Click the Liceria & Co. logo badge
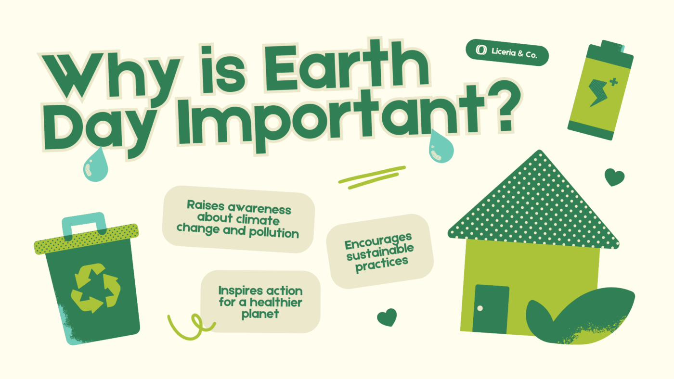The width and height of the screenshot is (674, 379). [507, 52]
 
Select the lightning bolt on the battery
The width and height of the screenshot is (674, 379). [598, 92]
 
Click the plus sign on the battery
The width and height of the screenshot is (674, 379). [613, 82]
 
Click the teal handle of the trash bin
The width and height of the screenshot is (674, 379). [84, 225]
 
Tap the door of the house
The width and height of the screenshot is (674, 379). [491, 309]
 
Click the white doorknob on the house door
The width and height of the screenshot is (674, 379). [480, 308]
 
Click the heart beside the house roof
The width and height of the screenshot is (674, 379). [614, 177]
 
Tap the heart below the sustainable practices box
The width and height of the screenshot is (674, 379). [387, 317]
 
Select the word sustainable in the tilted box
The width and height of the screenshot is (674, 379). [380, 252]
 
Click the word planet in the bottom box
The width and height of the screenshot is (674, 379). [260, 314]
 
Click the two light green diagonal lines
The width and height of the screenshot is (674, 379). [372, 177]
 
